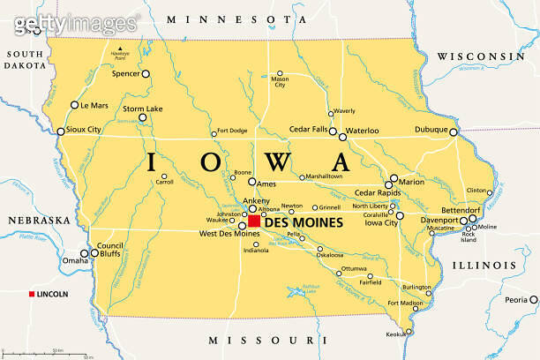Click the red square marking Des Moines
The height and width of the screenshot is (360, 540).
[x=255, y=221]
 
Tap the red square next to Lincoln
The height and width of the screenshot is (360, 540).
[x=33, y=294]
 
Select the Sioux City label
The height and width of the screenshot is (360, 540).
[x=84, y=130]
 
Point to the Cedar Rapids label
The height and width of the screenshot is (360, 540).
[x=377, y=192]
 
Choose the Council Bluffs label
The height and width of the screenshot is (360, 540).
[x=110, y=250]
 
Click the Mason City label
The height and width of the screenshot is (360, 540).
[x=280, y=82]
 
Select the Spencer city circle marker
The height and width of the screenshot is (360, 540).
[x=146, y=74]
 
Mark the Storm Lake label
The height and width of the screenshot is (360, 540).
[x=142, y=109]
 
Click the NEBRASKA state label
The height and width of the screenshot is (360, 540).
[x=39, y=220]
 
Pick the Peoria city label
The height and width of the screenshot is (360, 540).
[x=516, y=300]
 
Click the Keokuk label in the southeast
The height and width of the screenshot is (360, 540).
[x=396, y=334]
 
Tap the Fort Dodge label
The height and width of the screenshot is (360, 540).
[x=233, y=131]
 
